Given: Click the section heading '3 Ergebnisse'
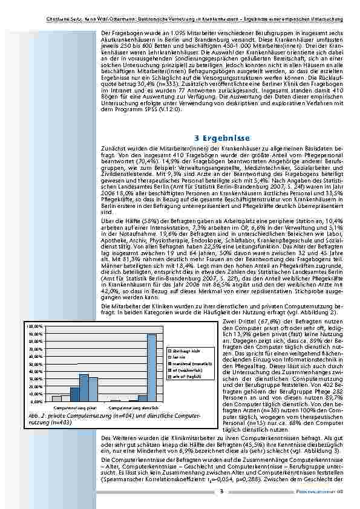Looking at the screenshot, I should (x=222, y=138).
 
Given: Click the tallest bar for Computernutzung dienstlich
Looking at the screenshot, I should (x=152, y=368).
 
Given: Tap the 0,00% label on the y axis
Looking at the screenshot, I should (x=36, y=401).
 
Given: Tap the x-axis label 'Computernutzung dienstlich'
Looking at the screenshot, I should (x=134, y=409).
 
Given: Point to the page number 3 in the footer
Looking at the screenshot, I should (x=221, y=491).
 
